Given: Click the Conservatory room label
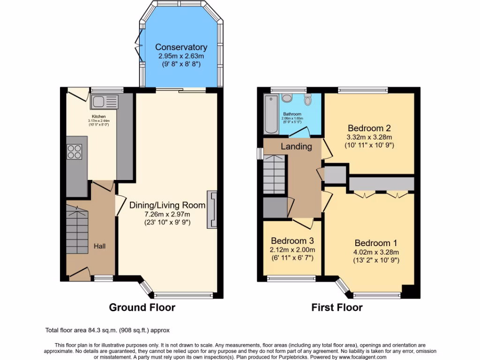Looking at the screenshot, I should (x=181, y=47).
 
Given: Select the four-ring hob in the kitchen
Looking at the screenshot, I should (x=75, y=151).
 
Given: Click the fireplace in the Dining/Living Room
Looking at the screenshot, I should (x=212, y=210).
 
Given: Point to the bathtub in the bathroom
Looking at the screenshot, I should (x=271, y=114).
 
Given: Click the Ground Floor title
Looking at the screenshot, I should (x=142, y=307).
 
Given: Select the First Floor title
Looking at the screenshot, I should (x=337, y=307).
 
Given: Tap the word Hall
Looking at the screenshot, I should (x=99, y=246).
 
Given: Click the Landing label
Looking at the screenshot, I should (x=296, y=146).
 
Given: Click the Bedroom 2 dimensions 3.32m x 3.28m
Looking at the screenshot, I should (x=369, y=137).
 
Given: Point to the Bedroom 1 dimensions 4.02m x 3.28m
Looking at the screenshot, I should (x=376, y=252).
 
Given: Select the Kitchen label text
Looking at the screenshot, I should (x=98, y=116).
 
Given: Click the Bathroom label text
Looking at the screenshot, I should (x=292, y=114).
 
